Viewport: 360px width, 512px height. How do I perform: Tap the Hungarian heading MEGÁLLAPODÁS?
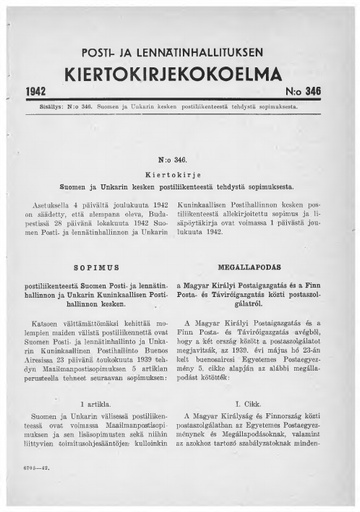(266, 269)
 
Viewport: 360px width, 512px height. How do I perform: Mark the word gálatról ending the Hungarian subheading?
(266, 310)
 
